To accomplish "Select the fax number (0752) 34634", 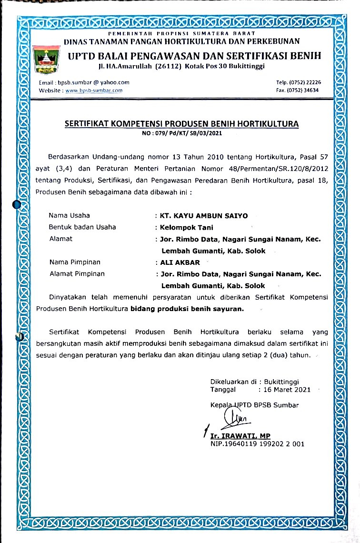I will pyautogui.click(x=303, y=90).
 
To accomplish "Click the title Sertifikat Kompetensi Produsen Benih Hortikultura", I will pyautogui.click(x=181, y=124).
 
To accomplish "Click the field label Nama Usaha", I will pyautogui.click(x=70, y=215).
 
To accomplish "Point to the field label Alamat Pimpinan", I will pyautogui.click(x=77, y=274).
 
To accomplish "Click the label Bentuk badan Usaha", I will pyautogui.click(x=82, y=227).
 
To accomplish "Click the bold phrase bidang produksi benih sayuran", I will pyautogui.click(x=187, y=309).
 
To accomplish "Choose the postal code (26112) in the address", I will pyautogui.click(x=165, y=65).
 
